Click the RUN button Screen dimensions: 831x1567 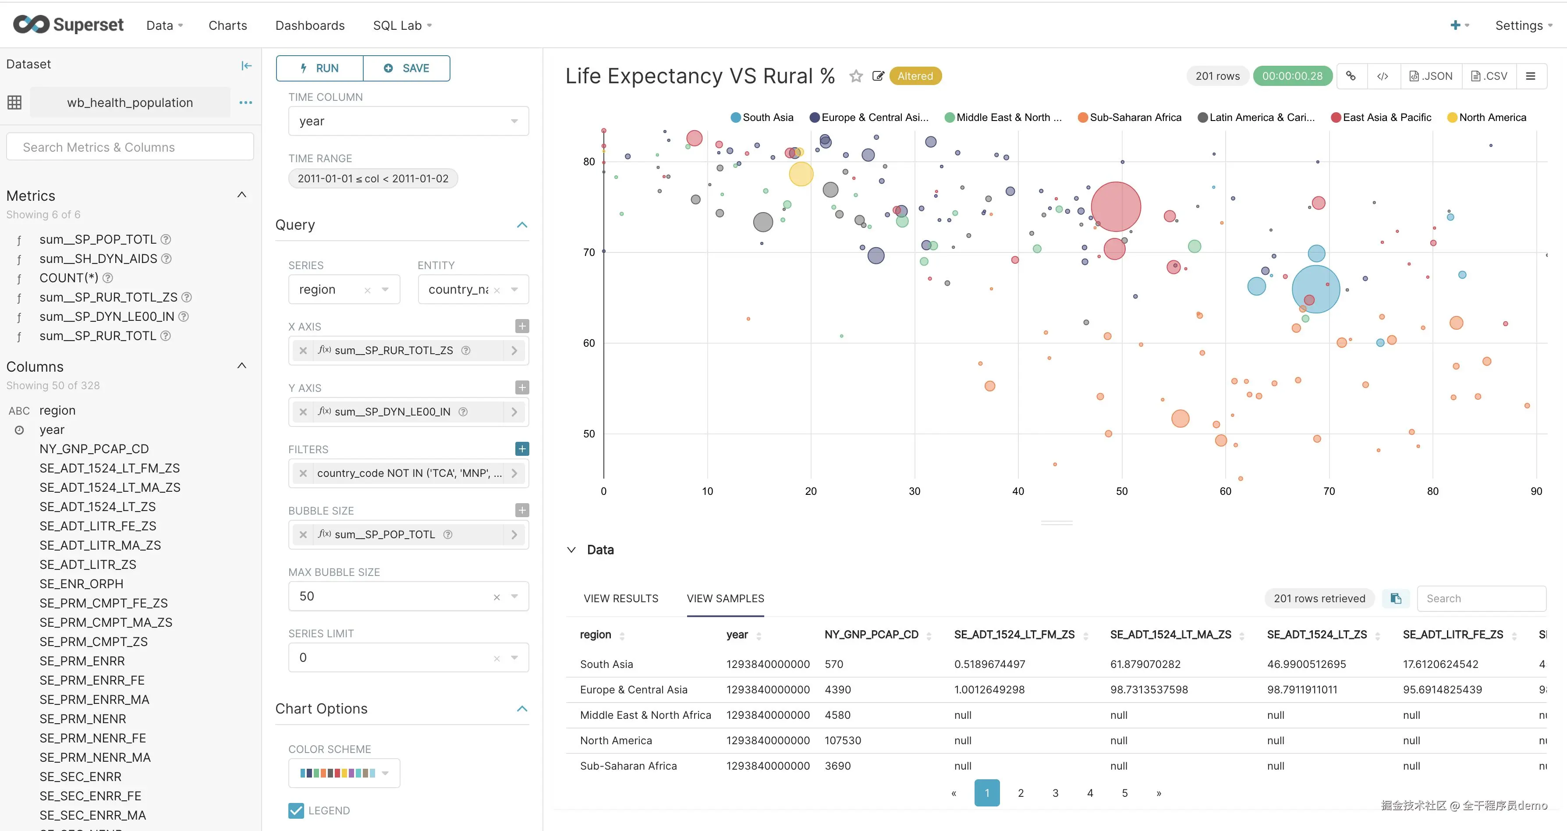[x=320, y=68]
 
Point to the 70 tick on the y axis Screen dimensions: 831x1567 [x=589, y=252]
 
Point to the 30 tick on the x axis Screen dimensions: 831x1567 [x=914, y=491]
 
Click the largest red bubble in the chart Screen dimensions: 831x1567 [x=1116, y=207]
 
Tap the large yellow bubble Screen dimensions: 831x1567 [x=801, y=174]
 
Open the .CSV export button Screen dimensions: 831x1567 [x=1489, y=76]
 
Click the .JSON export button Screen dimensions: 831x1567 [x=1431, y=76]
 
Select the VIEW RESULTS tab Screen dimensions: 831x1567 [x=620, y=599]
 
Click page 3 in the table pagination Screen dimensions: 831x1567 [x=1056, y=793]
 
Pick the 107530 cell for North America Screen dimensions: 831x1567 [x=843, y=740]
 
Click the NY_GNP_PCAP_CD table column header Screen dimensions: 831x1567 [x=871, y=635]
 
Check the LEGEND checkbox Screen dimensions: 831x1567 [x=296, y=810]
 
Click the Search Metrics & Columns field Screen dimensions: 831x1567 [x=130, y=147]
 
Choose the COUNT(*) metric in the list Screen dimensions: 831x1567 [x=69, y=278]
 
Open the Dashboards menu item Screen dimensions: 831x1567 [x=310, y=25]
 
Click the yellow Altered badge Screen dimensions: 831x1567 [x=915, y=76]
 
